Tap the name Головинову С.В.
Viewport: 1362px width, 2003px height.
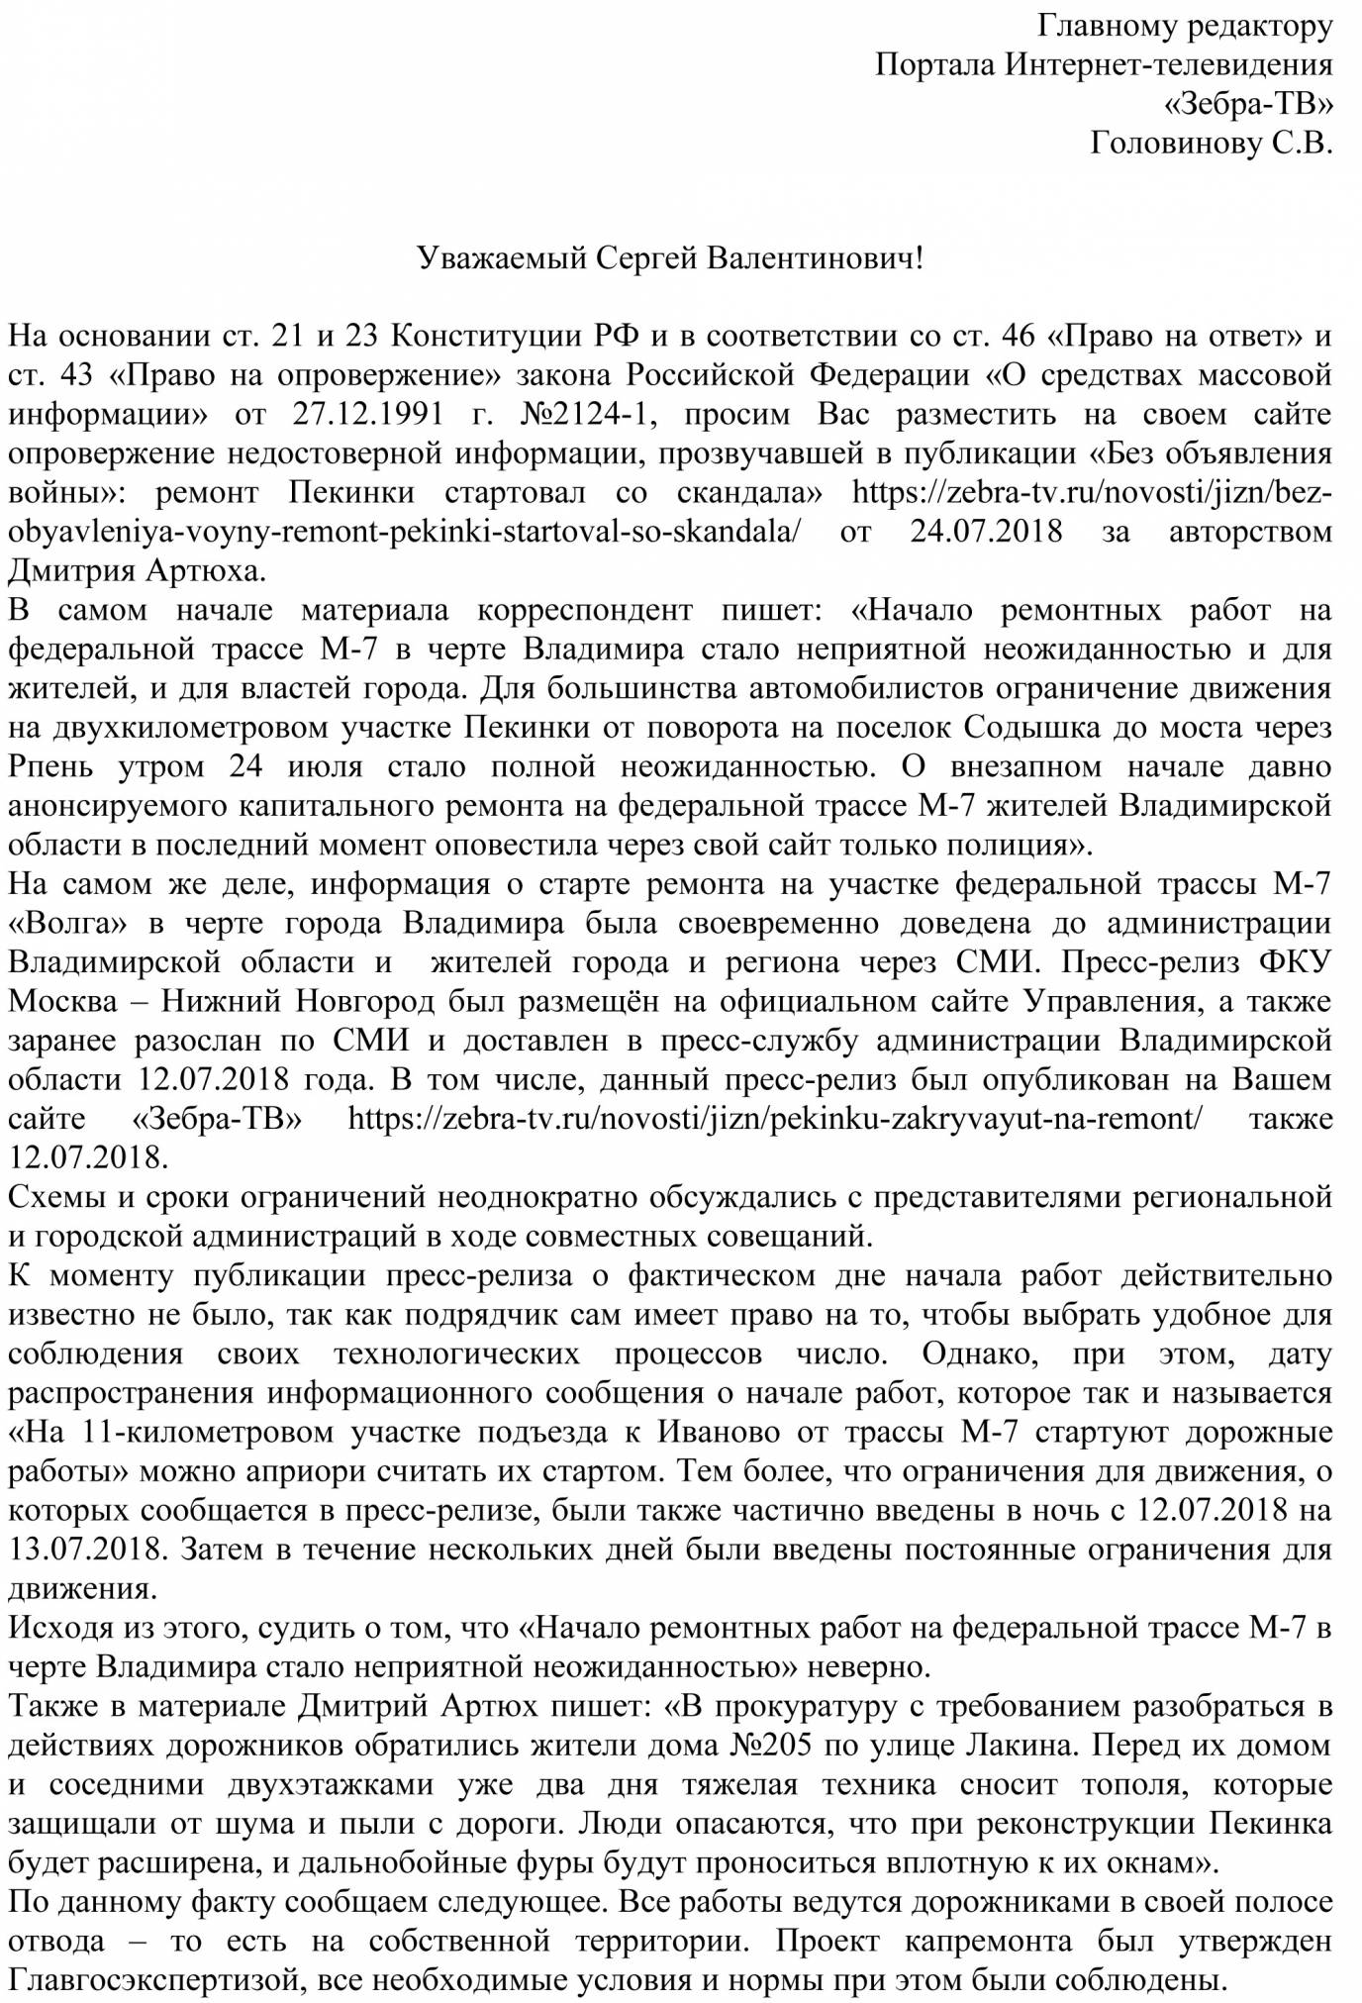[1212, 144]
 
